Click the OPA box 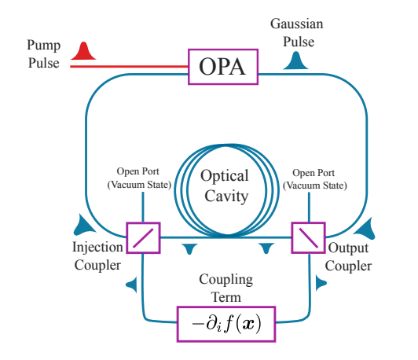[x=222, y=67]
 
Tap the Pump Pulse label [x=42, y=55]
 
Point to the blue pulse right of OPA [x=294, y=64]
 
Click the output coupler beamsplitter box [x=308, y=237]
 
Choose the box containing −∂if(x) [x=225, y=323]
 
